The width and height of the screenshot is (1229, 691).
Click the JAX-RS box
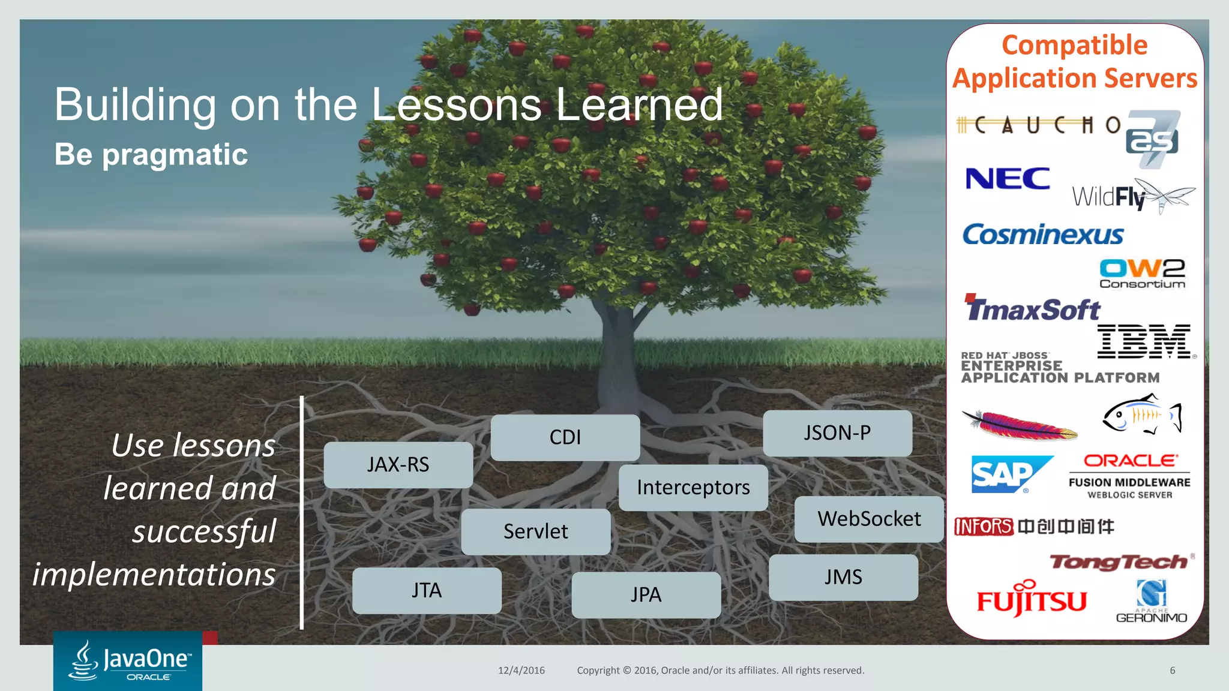click(x=398, y=465)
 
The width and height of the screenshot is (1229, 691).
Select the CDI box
click(x=565, y=437)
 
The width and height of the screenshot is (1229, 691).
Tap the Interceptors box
click(x=693, y=488)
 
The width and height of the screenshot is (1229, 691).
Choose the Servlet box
click(x=535, y=531)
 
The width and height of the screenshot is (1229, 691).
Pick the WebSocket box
click(x=868, y=519)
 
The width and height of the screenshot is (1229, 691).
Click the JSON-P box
click(x=837, y=433)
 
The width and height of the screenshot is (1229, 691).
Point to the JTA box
click(x=427, y=590)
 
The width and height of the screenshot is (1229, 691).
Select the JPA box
click(x=646, y=594)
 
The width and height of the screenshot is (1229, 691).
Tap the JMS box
click(x=843, y=577)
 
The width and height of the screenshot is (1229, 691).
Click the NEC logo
click(x=1008, y=179)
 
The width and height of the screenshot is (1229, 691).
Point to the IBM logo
click(x=1144, y=341)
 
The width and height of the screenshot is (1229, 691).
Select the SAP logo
click(x=1011, y=474)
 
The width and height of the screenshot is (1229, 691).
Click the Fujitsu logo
click(x=1032, y=599)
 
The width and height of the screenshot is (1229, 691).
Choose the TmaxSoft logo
click(x=1032, y=308)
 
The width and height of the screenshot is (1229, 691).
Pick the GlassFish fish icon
click(x=1141, y=414)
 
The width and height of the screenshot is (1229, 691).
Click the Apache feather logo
click(x=1019, y=425)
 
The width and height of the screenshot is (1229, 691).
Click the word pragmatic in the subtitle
click(x=175, y=155)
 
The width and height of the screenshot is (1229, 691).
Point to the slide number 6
click(x=1172, y=671)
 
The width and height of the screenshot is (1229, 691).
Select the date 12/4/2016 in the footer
click(x=521, y=671)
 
